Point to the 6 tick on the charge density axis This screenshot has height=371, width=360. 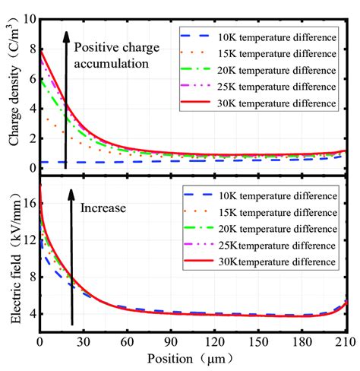(30, 78)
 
